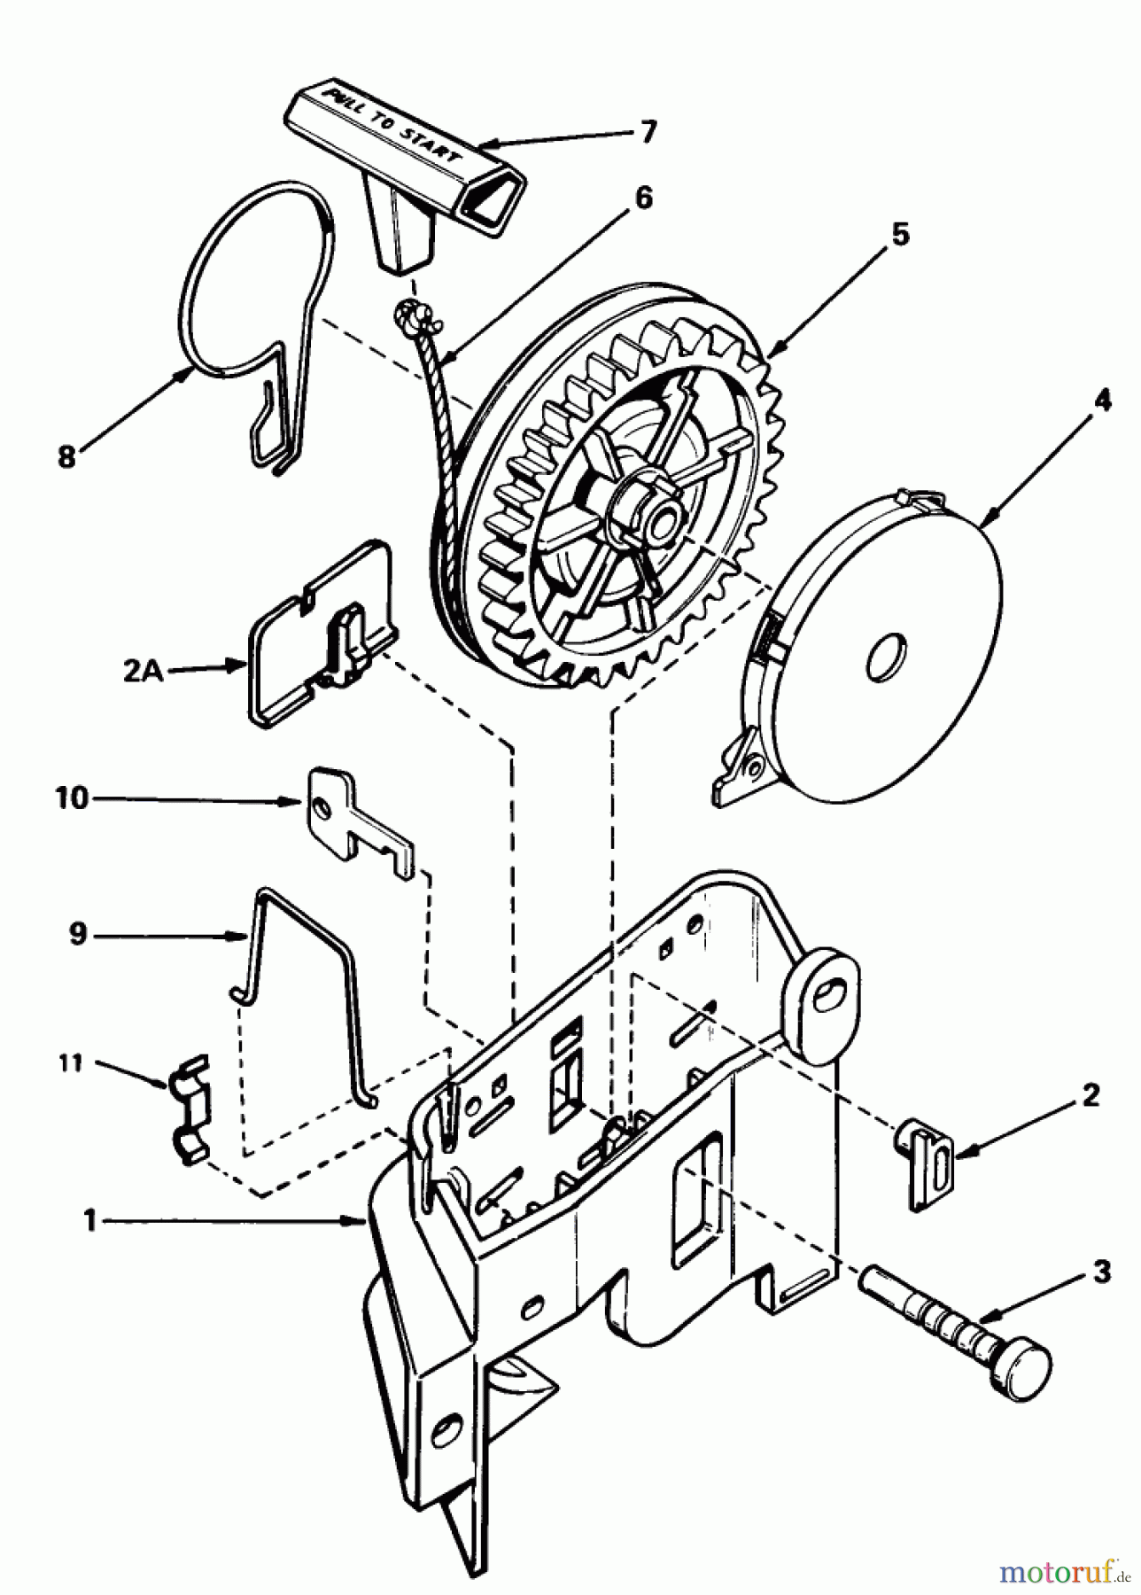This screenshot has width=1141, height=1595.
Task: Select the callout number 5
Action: click(899, 235)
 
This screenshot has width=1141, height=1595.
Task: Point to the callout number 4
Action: click(1100, 401)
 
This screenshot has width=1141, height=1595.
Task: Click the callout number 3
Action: click(1101, 1274)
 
